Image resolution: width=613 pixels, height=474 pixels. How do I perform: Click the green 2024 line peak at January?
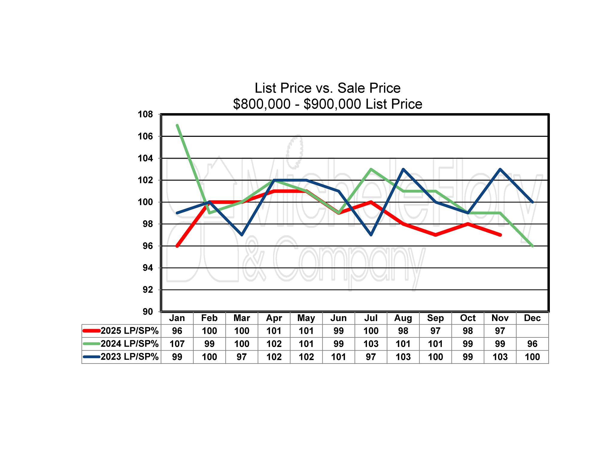[x=177, y=125]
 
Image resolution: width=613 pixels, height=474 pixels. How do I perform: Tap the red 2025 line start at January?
[x=177, y=246]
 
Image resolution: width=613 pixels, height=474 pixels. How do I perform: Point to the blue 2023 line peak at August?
[x=403, y=169]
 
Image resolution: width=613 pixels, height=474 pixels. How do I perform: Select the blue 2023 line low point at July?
[x=371, y=235]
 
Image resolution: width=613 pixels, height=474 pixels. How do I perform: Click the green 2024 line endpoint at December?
[x=532, y=246]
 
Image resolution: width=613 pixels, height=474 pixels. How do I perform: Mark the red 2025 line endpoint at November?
[x=500, y=235]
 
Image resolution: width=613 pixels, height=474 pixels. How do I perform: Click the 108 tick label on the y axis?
[x=145, y=114]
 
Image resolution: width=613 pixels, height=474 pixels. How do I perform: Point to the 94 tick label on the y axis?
[x=148, y=268]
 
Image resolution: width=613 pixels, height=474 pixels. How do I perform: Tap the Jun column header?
[x=339, y=318]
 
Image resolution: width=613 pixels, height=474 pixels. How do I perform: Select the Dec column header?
[x=532, y=318]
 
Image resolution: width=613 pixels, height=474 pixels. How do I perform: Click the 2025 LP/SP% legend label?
[x=129, y=331]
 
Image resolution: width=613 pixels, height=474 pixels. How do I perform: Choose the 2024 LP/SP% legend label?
[x=129, y=344]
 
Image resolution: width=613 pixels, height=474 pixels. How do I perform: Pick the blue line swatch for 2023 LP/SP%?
[x=91, y=357]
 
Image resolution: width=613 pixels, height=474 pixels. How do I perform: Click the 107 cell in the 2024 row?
[x=177, y=344]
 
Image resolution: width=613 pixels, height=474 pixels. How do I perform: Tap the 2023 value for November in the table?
[x=500, y=357]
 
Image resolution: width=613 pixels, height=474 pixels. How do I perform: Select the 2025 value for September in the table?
[x=435, y=331]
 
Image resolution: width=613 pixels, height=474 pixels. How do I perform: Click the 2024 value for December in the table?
[x=532, y=344]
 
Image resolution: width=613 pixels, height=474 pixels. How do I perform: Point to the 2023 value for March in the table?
[x=242, y=357]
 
